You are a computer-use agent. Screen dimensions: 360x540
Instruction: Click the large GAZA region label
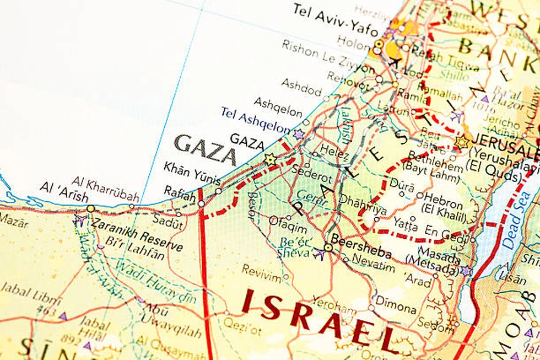[x=205, y=149]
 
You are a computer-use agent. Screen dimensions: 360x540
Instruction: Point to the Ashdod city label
[x=301, y=87]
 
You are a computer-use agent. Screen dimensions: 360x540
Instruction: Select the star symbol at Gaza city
[x=270, y=159]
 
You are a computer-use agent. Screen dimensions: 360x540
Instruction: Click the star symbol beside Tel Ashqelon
[x=299, y=134]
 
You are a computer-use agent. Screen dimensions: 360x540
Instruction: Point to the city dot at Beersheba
[x=328, y=248]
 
